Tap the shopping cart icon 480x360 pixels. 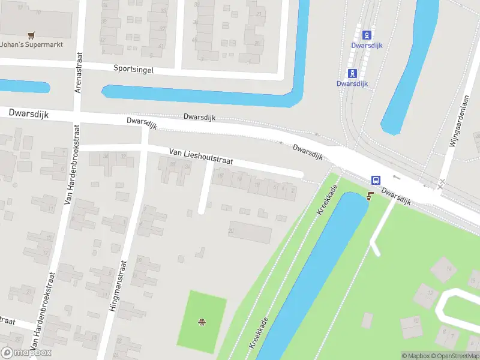[29, 35]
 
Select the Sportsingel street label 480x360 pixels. [133, 69]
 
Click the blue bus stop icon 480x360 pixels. [376, 180]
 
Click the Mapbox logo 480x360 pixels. [26, 353]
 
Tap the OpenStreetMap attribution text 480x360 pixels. [454, 356]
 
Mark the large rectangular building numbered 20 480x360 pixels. [250, 232]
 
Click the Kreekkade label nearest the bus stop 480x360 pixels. [328, 200]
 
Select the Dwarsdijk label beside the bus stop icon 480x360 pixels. [396, 198]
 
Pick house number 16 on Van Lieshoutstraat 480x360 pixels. [221, 176]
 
